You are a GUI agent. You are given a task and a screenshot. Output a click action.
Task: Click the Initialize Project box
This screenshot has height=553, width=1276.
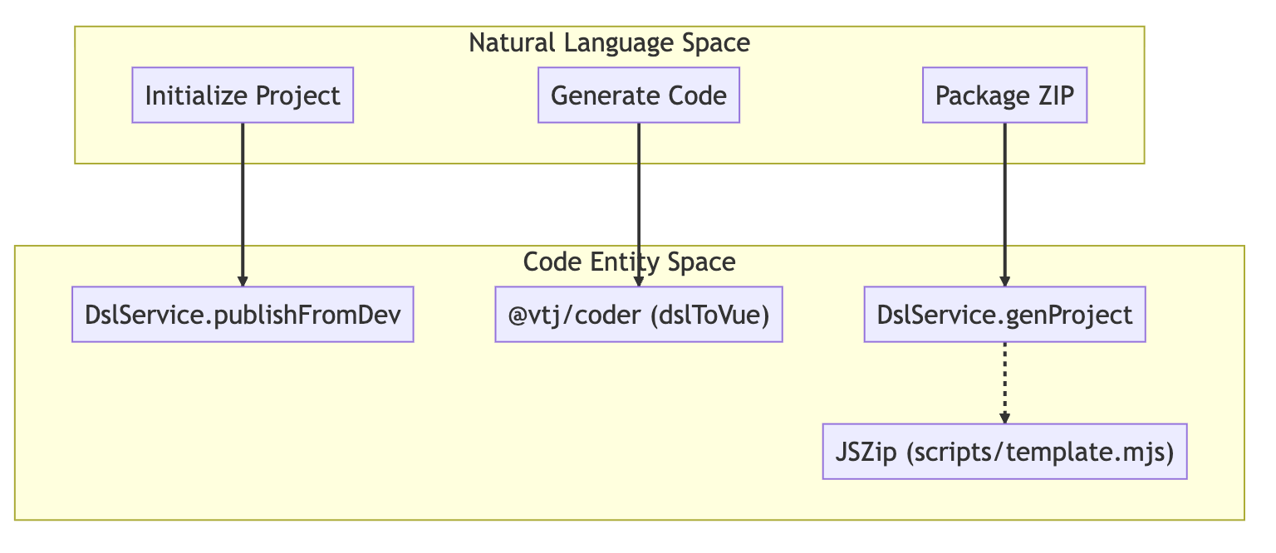coord(243,95)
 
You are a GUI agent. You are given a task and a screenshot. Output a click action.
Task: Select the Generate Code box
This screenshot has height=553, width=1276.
coord(639,95)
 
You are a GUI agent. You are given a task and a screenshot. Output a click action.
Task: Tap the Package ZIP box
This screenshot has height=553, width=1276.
coord(1005,95)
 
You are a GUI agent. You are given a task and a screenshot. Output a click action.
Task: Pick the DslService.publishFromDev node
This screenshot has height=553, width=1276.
coord(243,315)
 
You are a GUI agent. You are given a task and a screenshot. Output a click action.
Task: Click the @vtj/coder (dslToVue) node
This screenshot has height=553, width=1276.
coord(639,315)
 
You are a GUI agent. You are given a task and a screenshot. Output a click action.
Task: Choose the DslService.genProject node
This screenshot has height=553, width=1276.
coord(1005,315)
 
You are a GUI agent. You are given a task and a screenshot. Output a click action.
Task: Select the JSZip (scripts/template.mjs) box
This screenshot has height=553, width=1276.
coord(1005,452)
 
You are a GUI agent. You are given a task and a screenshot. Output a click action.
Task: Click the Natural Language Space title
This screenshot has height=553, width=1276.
coord(610,43)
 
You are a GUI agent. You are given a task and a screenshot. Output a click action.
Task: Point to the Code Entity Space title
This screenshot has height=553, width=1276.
coord(630,262)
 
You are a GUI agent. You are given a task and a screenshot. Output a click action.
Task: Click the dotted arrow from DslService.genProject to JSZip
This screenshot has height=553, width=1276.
coord(1005,383)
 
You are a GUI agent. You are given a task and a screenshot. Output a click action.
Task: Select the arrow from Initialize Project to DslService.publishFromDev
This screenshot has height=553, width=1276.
coord(243,204)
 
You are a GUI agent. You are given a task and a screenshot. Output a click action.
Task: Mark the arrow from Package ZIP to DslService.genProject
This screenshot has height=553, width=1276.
coord(1005,204)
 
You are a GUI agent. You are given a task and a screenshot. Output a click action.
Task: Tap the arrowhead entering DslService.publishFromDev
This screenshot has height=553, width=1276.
coord(243,281)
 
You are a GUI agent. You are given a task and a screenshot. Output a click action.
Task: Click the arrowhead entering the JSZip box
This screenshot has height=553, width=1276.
coord(1005,418)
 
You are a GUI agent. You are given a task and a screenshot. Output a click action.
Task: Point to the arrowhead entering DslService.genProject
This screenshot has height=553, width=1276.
coord(1005,281)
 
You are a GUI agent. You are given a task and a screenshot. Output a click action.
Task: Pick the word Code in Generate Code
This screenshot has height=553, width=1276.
coord(697,95)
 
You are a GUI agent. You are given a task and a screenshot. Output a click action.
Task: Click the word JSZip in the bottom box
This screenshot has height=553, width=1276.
coord(866,453)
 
